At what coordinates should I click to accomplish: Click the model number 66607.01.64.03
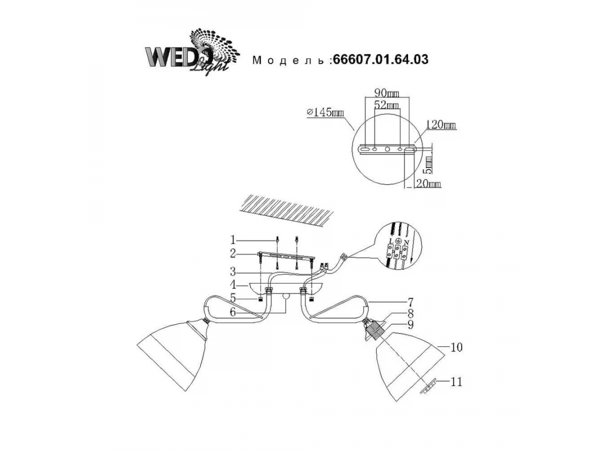(381, 59)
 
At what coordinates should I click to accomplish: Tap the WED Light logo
(192, 52)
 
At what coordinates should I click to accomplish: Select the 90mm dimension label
(387, 93)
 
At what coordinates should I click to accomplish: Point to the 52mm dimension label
(386, 105)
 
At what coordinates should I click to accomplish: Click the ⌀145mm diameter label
(325, 112)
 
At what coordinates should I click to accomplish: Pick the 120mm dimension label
(440, 125)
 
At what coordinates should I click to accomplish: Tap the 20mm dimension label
(428, 183)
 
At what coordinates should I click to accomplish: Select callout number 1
(232, 240)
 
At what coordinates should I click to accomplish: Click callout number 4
(233, 285)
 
